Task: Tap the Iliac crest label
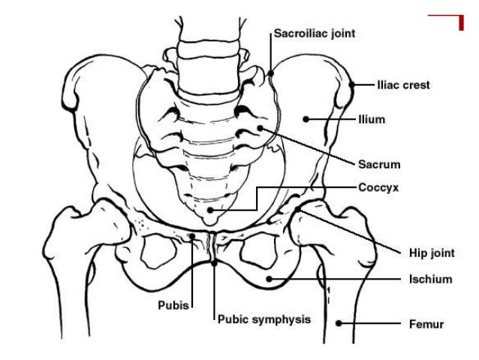click(403, 86)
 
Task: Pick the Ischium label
click(430, 280)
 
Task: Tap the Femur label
click(426, 325)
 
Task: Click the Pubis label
click(173, 305)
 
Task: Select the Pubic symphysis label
click(264, 319)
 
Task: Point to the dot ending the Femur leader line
click(339, 324)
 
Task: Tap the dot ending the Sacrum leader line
click(260, 129)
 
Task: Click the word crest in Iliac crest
click(416, 86)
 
